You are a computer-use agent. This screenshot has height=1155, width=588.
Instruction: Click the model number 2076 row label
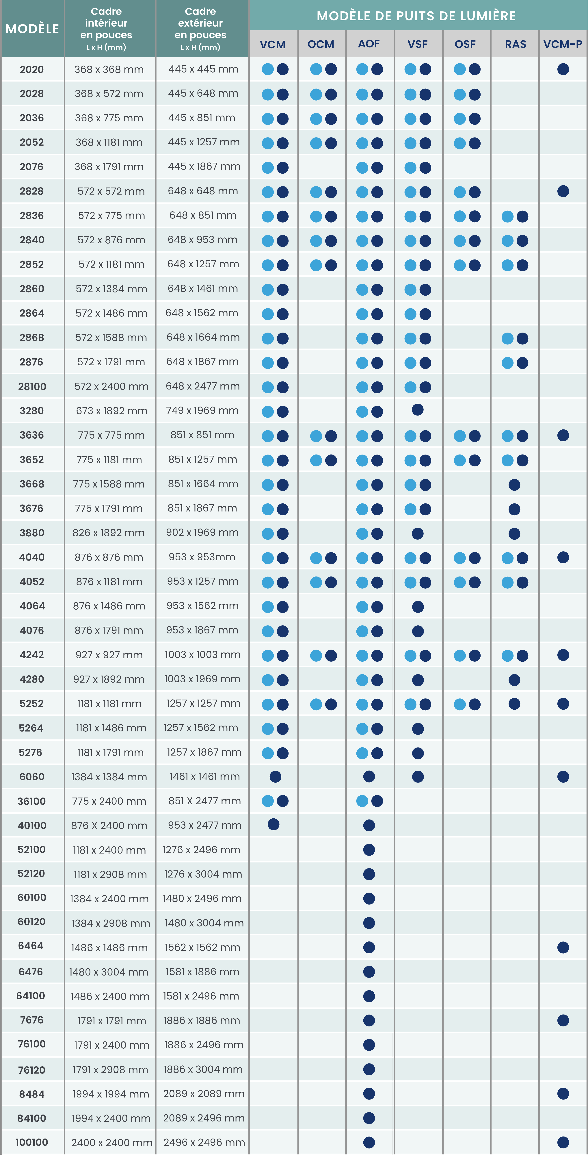click(x=31, y=167)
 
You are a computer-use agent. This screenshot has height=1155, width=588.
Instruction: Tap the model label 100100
click(x=31, y=1142)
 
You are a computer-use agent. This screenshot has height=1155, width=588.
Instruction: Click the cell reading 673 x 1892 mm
click(x=111, y=411)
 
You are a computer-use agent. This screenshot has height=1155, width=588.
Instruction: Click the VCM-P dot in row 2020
click(x=563, y=69)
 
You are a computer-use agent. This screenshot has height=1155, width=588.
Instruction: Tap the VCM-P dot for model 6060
click(x=563, y=777)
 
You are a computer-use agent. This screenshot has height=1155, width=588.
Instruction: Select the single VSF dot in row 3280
click(x=417, y=410)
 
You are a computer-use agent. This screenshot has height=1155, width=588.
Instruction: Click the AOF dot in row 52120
click(x=369, y=874)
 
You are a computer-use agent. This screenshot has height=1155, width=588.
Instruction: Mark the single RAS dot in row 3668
click(x=514, y=485)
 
